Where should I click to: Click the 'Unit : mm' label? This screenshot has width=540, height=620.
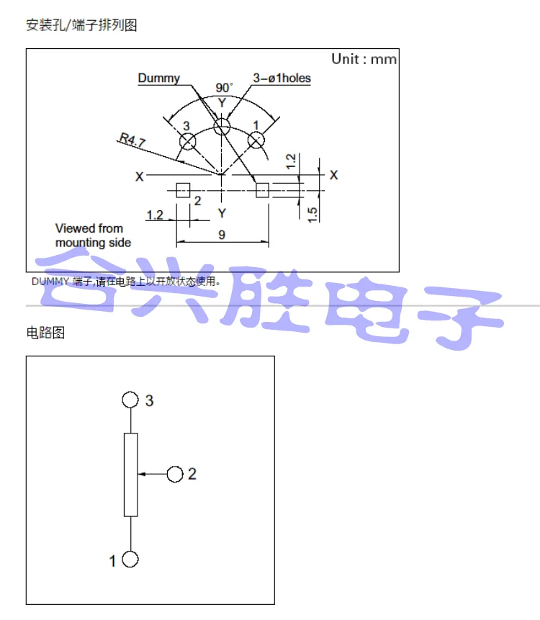click(x=364, y=59)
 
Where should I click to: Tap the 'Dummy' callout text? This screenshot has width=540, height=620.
click(x=158, y=78)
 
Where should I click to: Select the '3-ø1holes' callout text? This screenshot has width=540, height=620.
click(x=282, y=78)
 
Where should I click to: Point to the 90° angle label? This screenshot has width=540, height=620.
click(x=224, y=88)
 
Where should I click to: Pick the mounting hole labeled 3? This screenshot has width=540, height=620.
click(x=188, y=142)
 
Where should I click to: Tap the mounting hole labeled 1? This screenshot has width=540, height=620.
click(x=256, y=141)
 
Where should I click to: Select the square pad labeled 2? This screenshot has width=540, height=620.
click(x=183, y=189)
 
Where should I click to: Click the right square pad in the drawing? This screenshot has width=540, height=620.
click(x=262, y=189)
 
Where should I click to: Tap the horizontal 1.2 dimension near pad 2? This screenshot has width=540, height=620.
click(x=155, y=215)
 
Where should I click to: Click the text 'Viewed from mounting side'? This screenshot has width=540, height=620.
click(x=93, y=235)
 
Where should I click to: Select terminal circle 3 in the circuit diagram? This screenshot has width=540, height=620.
click(x=130, y=400)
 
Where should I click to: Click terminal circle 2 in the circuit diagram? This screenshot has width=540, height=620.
click(x=174, y=474)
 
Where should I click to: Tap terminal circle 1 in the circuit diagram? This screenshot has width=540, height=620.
click(x=130, y=560)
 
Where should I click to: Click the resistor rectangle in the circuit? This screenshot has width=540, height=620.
click(x=130, y=475)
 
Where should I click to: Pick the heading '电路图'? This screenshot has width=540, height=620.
click(x=45, y=333)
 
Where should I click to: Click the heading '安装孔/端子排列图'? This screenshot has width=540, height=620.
click(x=81, y=25)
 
